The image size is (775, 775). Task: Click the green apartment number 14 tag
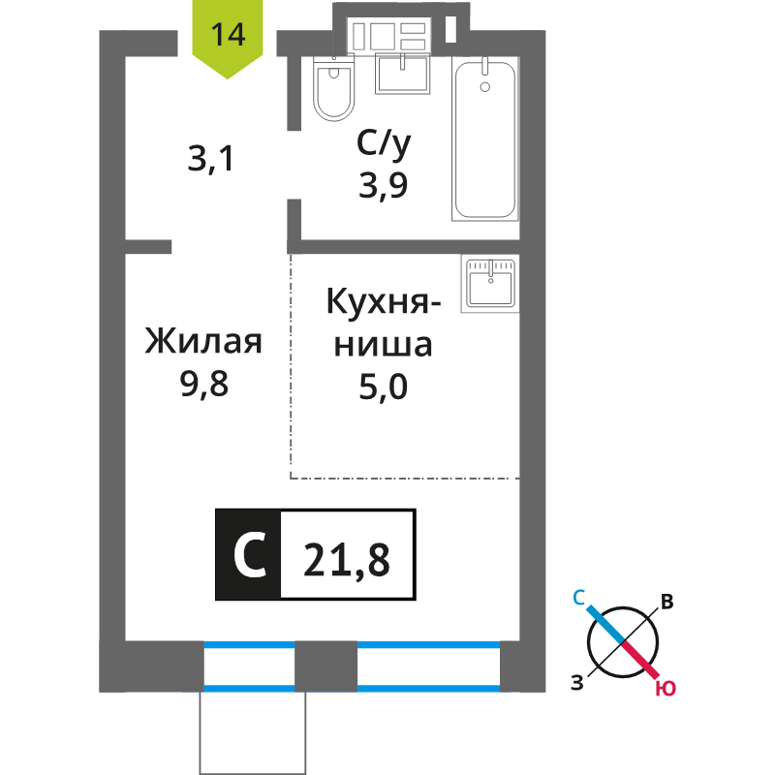[x=228, y=37]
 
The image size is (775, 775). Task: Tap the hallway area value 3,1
[x=210, y=159]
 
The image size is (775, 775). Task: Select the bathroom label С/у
[x=384, y=144]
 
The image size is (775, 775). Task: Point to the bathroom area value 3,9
[x=383, y=186]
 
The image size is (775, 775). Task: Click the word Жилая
[x=203, y=341]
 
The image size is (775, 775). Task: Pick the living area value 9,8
[x=204, y=384]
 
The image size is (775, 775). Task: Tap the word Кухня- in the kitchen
[x=383, y=301]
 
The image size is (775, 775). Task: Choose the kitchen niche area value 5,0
[x=383, y=387]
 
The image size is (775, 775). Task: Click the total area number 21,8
[x=347, y=560]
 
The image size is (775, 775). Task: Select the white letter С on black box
[x=250, y=555]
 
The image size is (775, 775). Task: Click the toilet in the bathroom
[x=334, y=88]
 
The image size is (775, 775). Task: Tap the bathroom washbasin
[x=402, y=74]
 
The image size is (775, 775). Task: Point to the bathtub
[x=485, y=139]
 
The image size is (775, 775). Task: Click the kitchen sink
[x=490, y=283]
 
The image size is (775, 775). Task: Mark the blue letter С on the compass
[x=578, y=598]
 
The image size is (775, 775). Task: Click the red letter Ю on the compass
[x=666, y=688]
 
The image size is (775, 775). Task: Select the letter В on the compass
[x=667, y=602]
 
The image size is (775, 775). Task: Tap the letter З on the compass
[x=577, y=683]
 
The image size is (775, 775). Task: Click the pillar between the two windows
[x=325, y=666]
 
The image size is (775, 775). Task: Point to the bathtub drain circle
[x=485, y=87]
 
